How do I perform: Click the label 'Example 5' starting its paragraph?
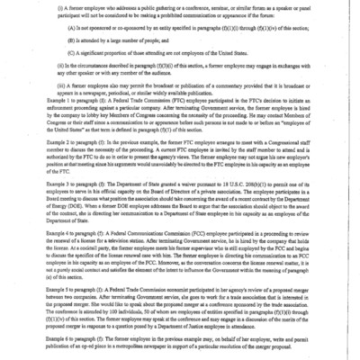pos(64,292)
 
